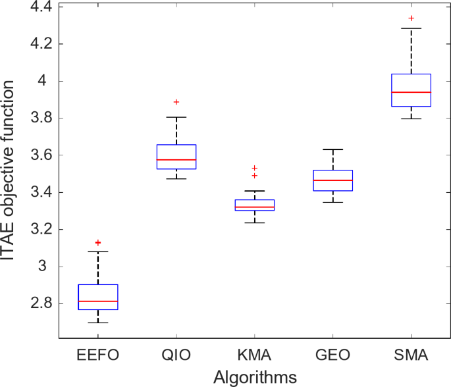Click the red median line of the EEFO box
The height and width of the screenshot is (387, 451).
[x=98, y=301]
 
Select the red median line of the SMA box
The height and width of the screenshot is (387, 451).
[x=411, y=92]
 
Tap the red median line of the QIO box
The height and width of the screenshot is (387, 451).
[x=176, y=160]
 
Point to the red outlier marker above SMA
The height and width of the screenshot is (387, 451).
[x=411, y=18]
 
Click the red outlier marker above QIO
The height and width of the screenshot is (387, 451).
[x=176, y=102]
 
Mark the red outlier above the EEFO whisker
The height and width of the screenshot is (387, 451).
[x=98, y=243]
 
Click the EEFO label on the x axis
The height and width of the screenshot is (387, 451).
[x=98, y=356]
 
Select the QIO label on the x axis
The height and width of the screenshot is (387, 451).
[x=176, y=356]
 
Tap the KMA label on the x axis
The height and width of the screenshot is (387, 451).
[x=255, y=356]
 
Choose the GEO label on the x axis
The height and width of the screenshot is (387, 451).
[x=333, y=356]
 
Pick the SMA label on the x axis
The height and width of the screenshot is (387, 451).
[x=411, y=356]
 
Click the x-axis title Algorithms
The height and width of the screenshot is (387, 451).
[x=254, y=376]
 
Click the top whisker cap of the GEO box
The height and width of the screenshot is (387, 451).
[x=333, y=149]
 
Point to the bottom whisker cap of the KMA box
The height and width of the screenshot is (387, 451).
[x=255, y=222]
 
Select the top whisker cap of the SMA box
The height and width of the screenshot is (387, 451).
[x=411, y=28]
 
